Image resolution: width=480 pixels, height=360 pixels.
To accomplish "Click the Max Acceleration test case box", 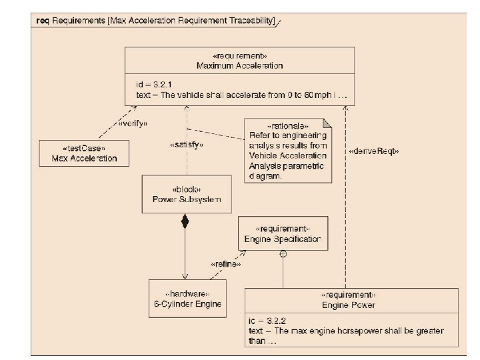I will pos(84,153).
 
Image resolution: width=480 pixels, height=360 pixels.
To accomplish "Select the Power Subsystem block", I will pos(186,194).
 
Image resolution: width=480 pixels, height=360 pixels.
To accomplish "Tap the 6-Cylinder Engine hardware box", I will pos(187,299).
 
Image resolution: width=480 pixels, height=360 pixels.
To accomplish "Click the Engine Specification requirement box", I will pos(283,233).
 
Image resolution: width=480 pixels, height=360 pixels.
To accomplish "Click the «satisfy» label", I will pos(187,144).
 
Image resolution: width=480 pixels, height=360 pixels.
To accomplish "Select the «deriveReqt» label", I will pos(373,151).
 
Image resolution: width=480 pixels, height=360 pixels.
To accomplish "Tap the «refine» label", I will pos(225,263).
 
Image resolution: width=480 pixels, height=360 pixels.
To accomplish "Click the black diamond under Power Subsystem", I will pos(186,222).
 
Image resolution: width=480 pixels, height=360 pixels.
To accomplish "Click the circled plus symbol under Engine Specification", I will pos(283,254).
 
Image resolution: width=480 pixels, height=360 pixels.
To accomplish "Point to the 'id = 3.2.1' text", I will pos(155,85).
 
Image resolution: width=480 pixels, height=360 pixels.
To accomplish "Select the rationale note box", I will pos(287,151).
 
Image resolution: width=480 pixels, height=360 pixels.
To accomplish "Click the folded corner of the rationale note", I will pos(327,123).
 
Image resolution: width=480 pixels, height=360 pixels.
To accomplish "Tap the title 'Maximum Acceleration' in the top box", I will pos(239,65).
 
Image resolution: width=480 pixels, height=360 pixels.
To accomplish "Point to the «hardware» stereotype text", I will pos(187,294).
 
